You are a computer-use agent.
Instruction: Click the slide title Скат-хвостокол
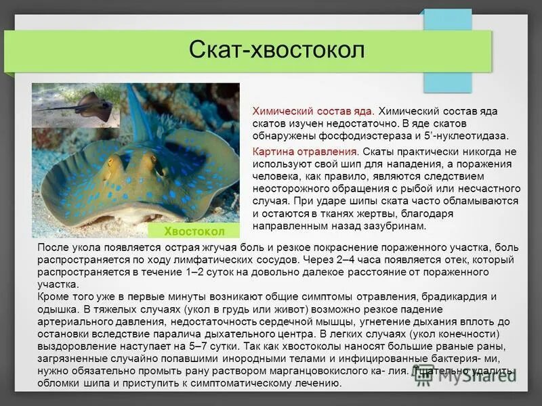[x=276, y=50]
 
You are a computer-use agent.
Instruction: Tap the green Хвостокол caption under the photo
[x=193, y=231]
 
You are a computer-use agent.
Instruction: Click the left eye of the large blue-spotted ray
[x=113, y=162]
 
